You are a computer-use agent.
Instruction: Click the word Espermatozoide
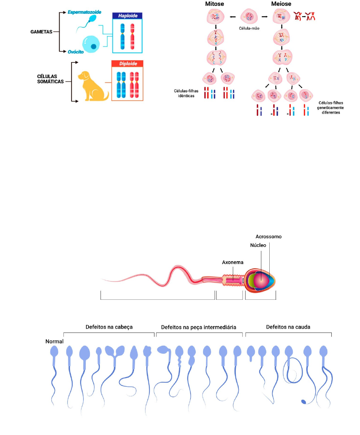point(84,12)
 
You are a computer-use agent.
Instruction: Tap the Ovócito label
point(76,52)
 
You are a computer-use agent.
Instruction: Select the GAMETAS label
point(41,32)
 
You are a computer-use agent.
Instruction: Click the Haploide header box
point(127,16)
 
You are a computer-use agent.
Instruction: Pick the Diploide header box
point(127,64)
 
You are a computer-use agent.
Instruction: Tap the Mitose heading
point(214,4)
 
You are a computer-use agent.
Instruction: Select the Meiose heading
point(281,4)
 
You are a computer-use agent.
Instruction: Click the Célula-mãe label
point(249,28)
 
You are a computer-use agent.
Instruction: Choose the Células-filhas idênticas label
point(186,93)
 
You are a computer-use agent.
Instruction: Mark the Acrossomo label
point(268,237)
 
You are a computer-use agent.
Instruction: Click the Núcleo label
point(258,245)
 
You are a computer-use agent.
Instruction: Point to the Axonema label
point(233,262)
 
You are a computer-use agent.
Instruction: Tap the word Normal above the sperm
point(55,341)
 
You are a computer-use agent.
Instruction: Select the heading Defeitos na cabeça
point(109,327)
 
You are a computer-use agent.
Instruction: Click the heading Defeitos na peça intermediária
point(198,327)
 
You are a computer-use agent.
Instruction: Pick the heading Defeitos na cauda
point(288,327)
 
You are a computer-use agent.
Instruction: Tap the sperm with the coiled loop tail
point(291,368)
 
